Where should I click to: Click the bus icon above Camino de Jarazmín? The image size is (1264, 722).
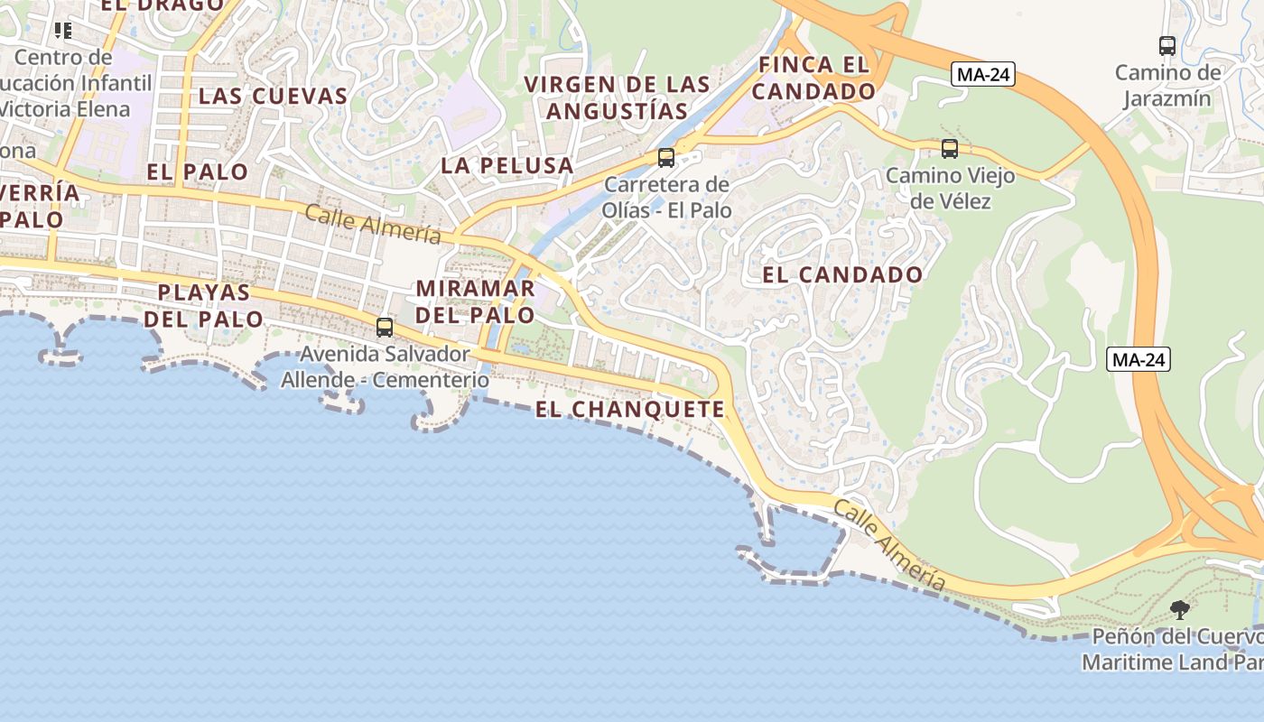pos(1166,46)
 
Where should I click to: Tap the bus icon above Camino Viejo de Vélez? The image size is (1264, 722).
pos(949,149)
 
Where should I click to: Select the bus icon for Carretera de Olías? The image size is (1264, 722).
pos(665,158)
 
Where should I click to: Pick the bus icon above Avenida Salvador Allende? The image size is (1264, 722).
pos(385,328)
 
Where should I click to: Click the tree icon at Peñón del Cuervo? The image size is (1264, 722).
pos(1179,610)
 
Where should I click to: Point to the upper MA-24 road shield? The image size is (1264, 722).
pos(983,75)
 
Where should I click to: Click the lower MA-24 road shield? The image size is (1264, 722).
pos(1139,360)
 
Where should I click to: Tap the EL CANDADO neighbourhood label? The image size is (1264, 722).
pos(842,275)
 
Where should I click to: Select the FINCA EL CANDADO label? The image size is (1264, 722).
pos(813,79)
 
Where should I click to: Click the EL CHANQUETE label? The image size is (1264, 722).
pos(630,410)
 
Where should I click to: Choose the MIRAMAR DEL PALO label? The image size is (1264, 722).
pos(476,302)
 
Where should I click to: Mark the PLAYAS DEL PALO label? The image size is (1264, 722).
pos(203,305)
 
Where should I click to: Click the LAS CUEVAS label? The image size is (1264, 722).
pos(273,96)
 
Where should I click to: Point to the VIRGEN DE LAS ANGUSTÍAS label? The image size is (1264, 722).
pos(618,97)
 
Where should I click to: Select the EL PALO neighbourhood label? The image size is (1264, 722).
pos(197,171)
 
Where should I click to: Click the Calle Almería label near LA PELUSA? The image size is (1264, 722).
pos(373,224)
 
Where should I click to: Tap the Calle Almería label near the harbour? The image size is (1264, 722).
pos(889,546)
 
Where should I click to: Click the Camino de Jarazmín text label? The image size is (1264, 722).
pos(1167,85)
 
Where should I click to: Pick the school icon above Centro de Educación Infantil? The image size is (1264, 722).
pos(62,32)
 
